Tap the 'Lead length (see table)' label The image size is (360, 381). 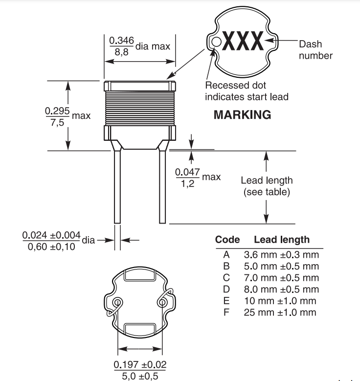tap(267, 186)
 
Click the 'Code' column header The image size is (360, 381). tap(227, 240)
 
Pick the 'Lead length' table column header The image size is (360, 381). tap(281, 240)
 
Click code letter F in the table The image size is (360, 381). tap(226, 312)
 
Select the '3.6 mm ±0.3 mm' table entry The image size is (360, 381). tap(281, 255)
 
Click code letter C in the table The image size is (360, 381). tap(226, 278)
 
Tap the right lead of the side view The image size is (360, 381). tap(162, 186)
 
